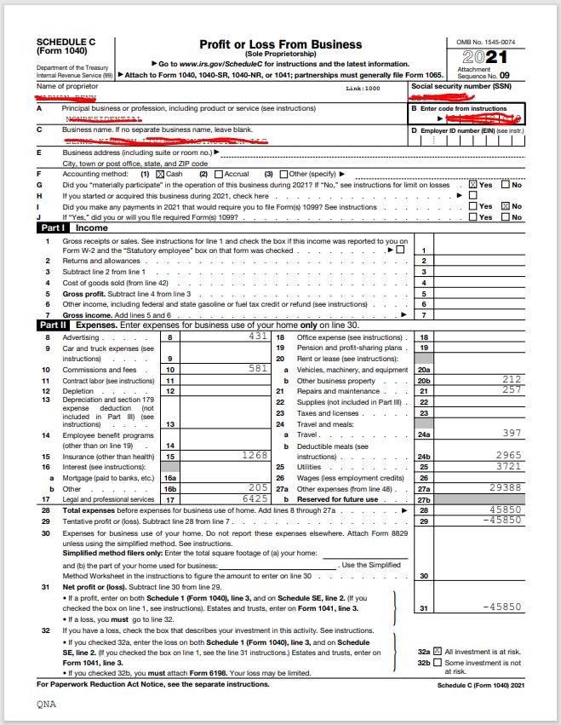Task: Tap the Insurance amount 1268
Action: (254, 455)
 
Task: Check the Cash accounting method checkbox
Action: (159, 174)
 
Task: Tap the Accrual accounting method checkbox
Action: (217, 174)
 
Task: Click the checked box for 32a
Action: (438, 651)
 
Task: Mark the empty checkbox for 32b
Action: (438, 663)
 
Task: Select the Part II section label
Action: (53, 325)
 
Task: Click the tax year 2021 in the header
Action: (484, 57)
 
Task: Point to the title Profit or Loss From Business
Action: (280, 44)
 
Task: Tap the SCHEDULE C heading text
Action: (65, 41)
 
